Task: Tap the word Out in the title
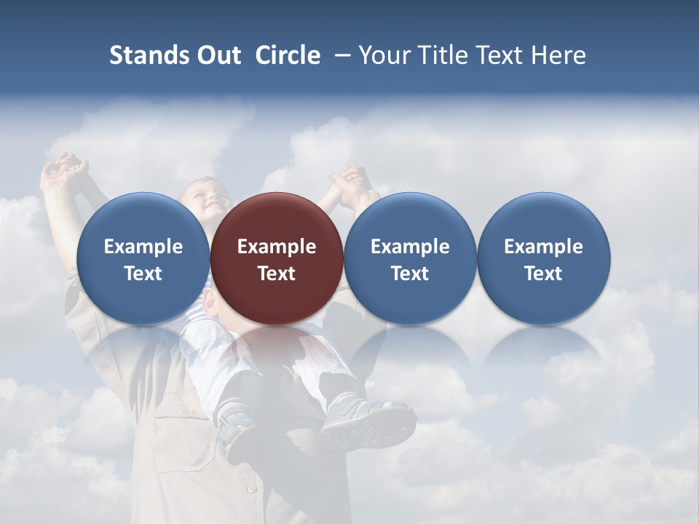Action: [x=218, y=55]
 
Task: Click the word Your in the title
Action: [x=382, y=55]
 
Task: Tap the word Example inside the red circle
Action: [x=277, y=247]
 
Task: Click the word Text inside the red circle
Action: [x=277, y=274]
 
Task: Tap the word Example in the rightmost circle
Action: [x=544, y=247]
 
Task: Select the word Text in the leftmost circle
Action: [x=143, y=274]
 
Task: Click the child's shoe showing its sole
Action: [x=368, y=426]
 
